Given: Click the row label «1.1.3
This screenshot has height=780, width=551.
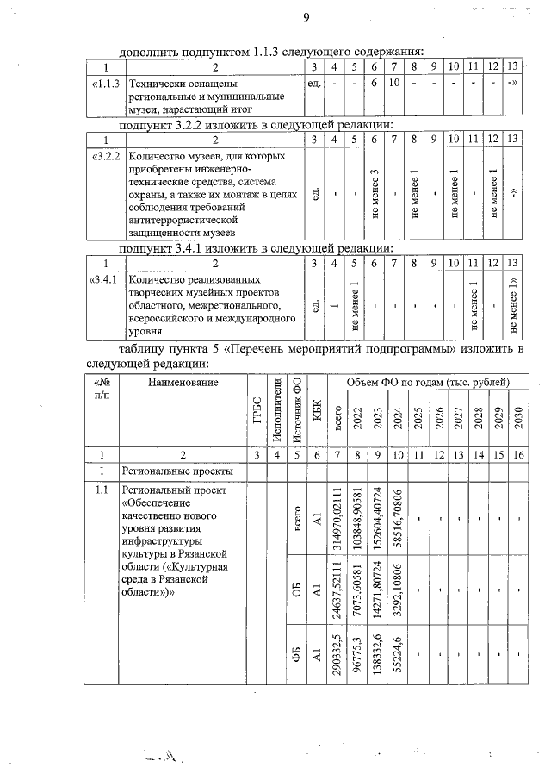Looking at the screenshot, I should (106, 84).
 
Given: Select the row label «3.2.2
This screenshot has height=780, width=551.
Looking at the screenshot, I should (106, 157).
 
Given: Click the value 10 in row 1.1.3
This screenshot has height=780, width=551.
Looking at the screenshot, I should (393, 84).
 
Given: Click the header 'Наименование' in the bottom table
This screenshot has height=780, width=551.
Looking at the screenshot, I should (182, 382).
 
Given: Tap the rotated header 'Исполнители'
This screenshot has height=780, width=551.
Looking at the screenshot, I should (276, 409).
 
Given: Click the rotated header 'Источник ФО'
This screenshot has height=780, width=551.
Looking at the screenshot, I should (296, 409).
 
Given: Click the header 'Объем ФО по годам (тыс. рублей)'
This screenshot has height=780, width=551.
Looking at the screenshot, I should (427, 381).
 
